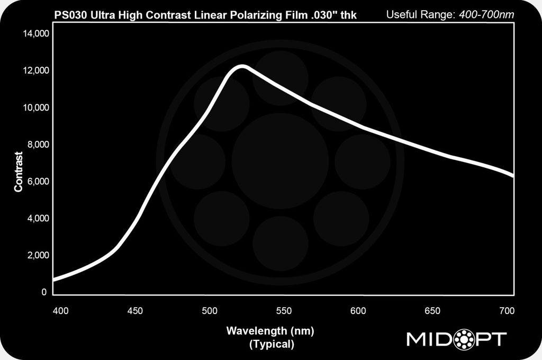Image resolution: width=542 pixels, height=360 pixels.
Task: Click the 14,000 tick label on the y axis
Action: [x=34, y=34]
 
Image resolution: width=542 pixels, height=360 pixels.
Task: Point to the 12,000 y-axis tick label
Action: [x=34, y=71]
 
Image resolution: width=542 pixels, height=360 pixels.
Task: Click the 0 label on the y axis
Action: [x=44, y=292]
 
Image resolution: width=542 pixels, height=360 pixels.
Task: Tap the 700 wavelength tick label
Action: [x=507, y=311]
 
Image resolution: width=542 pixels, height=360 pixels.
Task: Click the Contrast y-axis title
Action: [x=19, y=172]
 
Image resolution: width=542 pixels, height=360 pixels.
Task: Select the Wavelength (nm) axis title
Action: [x=270, y=331]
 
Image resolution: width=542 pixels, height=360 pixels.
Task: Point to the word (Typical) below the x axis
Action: [x=270, y=345]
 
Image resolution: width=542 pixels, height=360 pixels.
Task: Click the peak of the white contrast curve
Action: [x=242, y=66]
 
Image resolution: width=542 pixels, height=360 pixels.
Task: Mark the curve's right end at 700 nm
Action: [x=512, y=175]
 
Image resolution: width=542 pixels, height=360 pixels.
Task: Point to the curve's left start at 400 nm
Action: [x=55, y=279]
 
